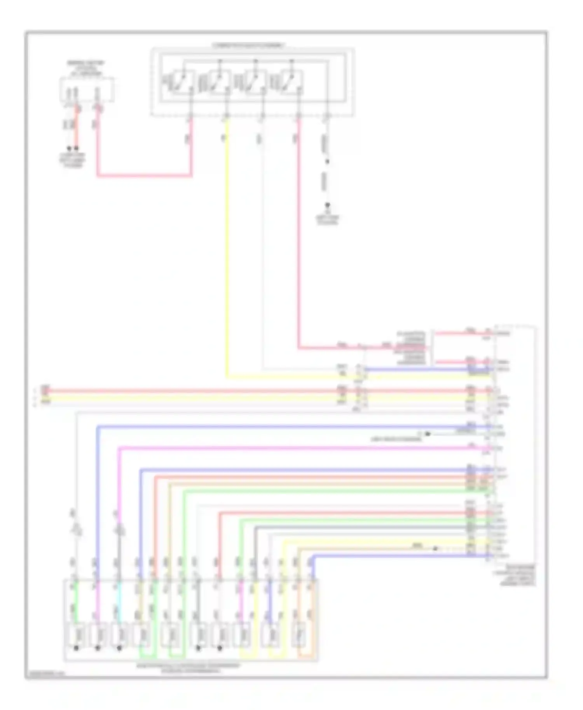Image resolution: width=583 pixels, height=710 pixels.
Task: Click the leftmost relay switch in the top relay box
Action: (x=181, y=82)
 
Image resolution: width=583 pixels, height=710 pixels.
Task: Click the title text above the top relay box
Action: (x=249, y=45)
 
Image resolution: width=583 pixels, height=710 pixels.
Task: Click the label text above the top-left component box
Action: (x=86, y=68)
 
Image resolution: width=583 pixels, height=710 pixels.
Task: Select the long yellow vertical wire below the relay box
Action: (x=227, y=249)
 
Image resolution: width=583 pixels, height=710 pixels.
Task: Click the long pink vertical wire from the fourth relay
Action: (x=299, y=233)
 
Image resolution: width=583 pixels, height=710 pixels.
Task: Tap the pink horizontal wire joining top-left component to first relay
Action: (x=144, y=176)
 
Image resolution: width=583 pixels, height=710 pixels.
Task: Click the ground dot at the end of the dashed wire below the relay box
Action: (x=328, y=205)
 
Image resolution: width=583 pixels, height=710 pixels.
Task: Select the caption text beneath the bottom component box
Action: (x=189, y=668)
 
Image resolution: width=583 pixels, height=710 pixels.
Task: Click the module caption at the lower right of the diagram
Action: (x=517, y=575)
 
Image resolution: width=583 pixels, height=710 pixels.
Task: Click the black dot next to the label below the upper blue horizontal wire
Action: (x=428, y=433)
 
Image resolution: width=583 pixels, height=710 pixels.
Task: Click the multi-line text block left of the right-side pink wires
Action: (x=411, y=348)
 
